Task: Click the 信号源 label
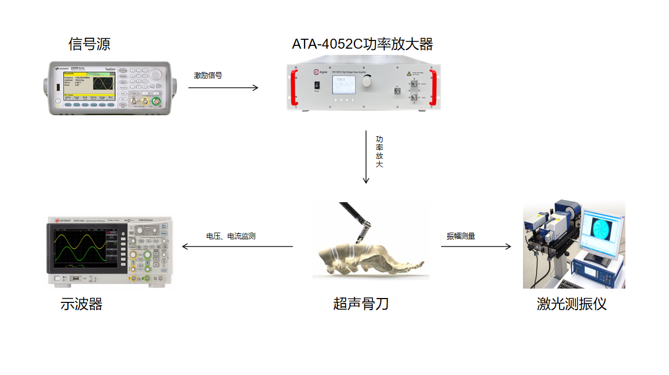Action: pos(89,44)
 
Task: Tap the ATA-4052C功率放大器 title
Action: pos(362,44)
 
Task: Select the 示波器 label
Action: pos(81,304)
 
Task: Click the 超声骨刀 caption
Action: pos(360,304)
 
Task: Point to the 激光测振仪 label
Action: pos(571,304)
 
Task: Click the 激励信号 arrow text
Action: pos(208,75)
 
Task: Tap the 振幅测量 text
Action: pos(461,236)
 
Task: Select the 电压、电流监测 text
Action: pos(231,236)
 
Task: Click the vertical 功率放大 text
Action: pos(379,152)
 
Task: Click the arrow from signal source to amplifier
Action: pos(223,88)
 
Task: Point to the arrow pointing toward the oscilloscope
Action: pos(238,246)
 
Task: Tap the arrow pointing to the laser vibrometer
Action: pos(476,246)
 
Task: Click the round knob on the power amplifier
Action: pos(366,81)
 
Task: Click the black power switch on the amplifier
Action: pos(317,86)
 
